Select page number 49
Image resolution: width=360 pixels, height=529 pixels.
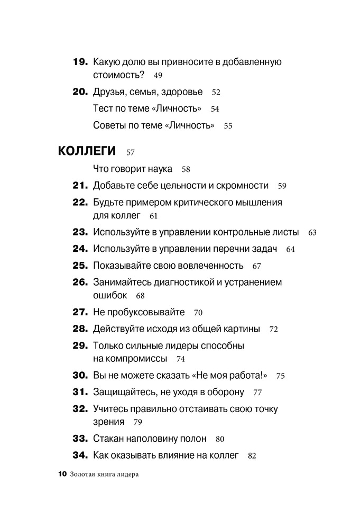(158, 76)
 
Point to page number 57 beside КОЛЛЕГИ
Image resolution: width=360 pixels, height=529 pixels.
(131, 153)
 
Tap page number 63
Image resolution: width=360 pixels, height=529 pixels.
(312, 232)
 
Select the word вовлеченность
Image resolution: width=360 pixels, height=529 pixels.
(211, 266)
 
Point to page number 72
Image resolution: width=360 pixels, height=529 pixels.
(273, 329)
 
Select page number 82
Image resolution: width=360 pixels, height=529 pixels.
(252, 455)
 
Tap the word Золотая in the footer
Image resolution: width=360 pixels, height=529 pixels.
(84, 475)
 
